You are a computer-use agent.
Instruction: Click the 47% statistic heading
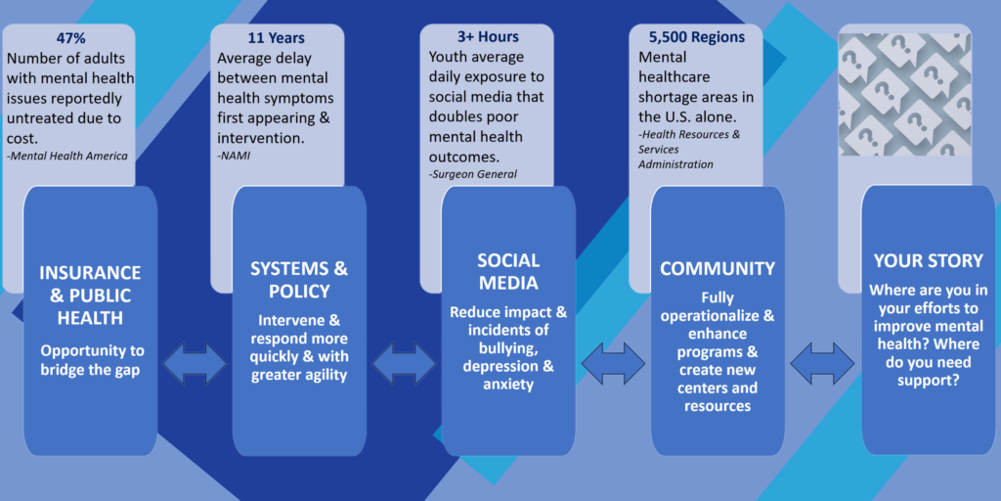click(69, 38)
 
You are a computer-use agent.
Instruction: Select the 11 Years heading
click(277, 38)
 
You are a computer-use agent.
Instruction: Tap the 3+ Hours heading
click(488, 37)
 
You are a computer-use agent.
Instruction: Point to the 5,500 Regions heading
click(696, 37)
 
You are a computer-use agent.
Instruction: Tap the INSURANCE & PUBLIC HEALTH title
click(90, 296)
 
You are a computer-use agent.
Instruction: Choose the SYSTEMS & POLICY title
click(299, 280)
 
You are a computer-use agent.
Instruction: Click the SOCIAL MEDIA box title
click(508, 270)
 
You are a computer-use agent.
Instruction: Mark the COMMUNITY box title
click(718, 268)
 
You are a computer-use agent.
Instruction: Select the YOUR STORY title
click(929, 260)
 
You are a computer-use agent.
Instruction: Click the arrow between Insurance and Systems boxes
click(195, 364)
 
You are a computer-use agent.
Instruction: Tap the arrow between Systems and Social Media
click(404, 365)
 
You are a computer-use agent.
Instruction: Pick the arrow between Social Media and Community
click(614, 364)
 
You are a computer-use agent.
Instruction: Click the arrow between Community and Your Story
click(822, 364)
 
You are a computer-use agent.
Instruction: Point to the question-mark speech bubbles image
click(905, 95)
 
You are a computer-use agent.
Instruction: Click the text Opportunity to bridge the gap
click(93, 360)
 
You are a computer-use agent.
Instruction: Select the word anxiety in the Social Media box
click(508, 385)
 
